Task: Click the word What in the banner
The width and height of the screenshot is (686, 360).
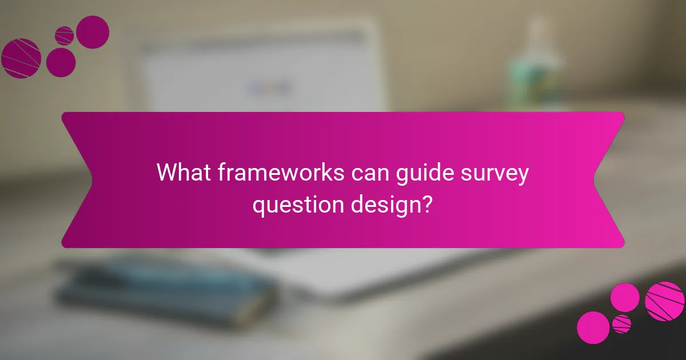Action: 185,173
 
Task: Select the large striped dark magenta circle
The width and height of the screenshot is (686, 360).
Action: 21,58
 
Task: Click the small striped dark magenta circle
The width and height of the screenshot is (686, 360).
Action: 64,35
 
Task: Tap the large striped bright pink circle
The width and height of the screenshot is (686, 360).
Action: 664,301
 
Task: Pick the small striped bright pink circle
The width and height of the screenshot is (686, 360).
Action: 621,323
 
